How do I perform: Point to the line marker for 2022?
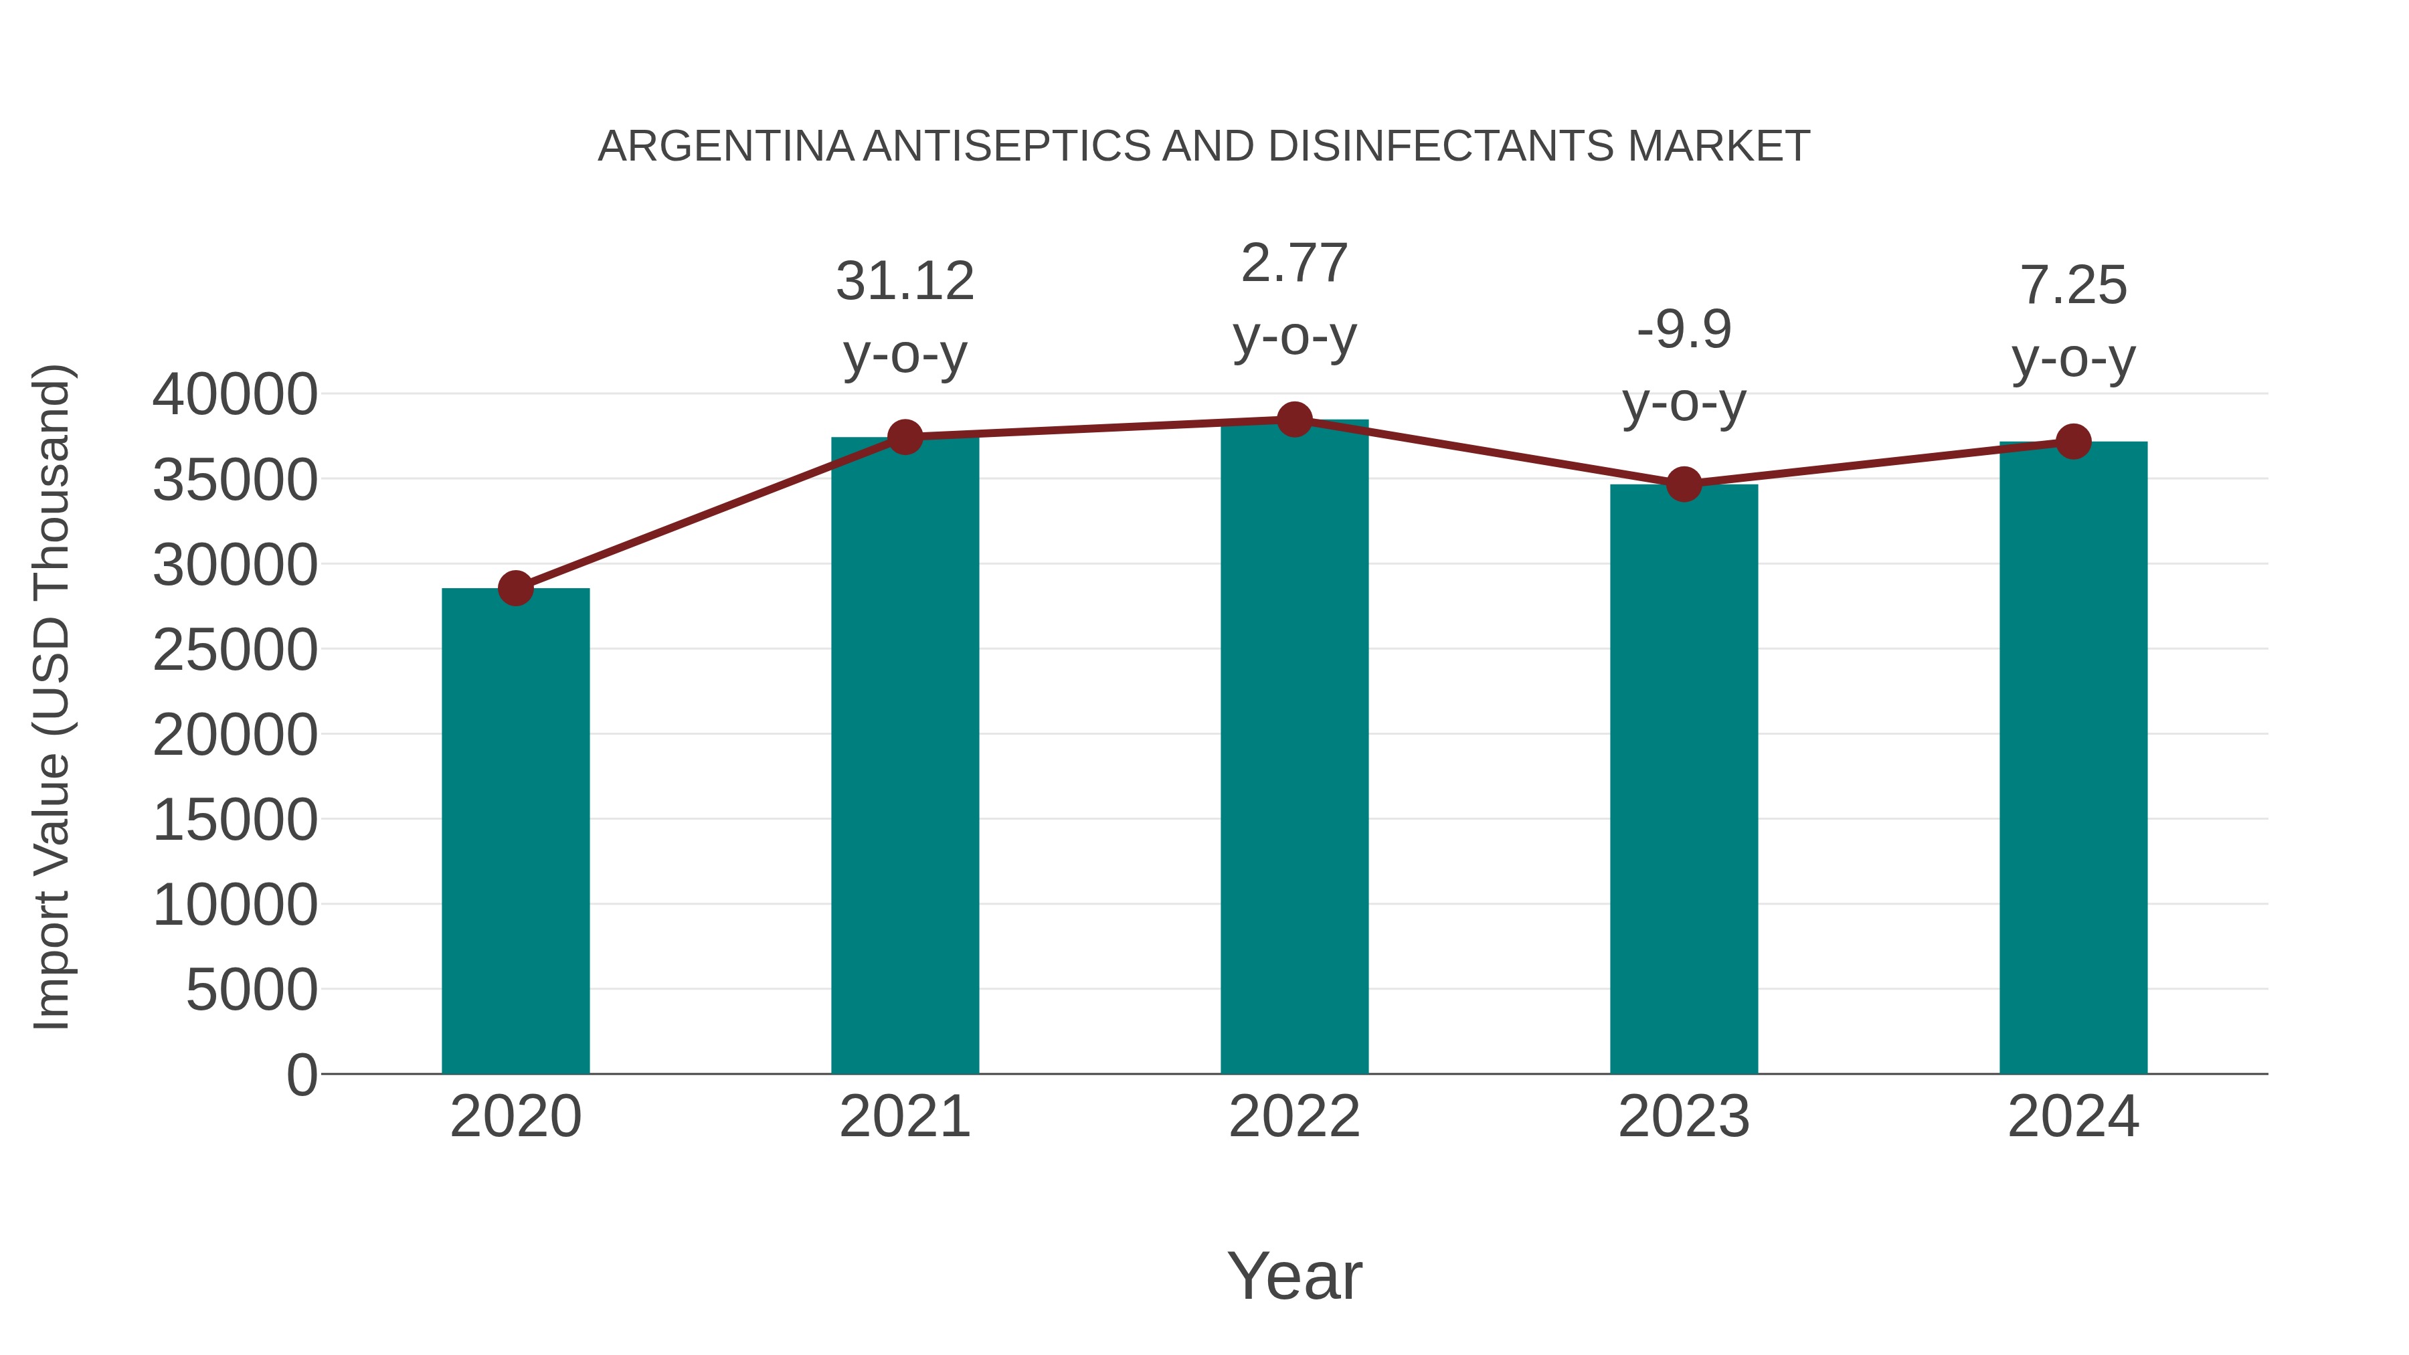(1294, 420)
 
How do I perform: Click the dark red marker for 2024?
(2073, 442)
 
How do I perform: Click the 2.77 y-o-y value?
(1294, 264)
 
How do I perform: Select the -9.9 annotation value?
(1684, 329)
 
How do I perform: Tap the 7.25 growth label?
(2073, 285)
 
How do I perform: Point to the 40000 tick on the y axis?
(235, 395)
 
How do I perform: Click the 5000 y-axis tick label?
(252, 990)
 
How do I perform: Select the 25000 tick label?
(235, 650)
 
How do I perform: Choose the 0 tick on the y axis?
(301, 1075)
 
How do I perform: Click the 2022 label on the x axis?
(1294, 1117)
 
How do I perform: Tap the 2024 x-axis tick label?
(2073, 1117)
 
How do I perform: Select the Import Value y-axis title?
(52, 697)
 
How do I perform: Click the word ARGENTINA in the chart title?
(725, 147)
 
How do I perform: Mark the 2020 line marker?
(515, 588)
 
